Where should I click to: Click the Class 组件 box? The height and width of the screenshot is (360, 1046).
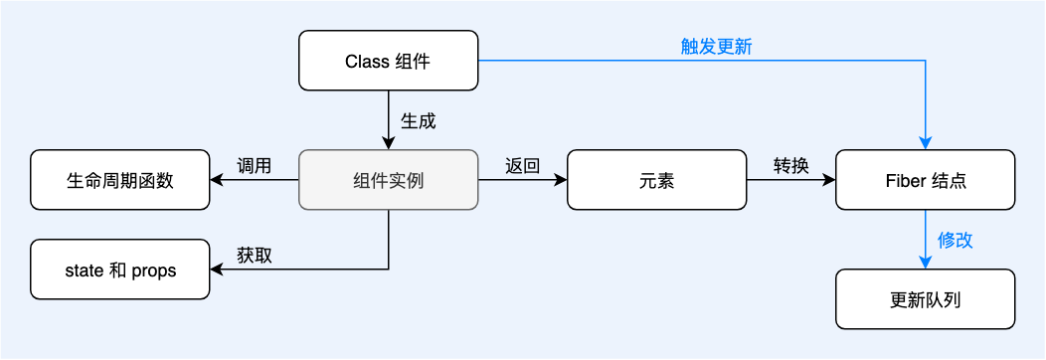point(388,61)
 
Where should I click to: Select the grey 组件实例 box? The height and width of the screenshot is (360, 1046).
point(388,180)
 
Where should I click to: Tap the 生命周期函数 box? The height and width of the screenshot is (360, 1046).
point(120,180)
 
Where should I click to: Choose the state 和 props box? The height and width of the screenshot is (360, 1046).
point(120,270)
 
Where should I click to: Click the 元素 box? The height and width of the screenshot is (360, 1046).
point(656,180)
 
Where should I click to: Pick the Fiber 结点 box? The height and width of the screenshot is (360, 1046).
point(925,180)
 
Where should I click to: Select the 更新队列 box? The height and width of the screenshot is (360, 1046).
point(925,299)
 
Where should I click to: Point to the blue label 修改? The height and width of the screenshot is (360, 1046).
point(956,240)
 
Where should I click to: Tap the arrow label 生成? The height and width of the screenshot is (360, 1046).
point(418,120)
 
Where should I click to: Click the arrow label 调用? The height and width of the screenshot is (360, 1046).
point(255,165)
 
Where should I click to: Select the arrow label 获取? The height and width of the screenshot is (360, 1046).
point(255,255)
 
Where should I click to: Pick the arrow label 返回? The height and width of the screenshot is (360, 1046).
point(522,165)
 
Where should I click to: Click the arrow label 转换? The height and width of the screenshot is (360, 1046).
point(791,165)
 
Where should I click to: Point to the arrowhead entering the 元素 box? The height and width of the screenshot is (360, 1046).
point(561,180)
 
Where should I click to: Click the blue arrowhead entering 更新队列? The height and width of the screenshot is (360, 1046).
point(926,263)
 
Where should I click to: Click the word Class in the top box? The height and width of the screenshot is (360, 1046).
point(366,61)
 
